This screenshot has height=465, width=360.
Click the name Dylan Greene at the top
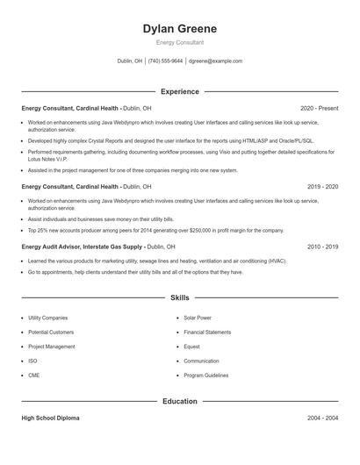179,29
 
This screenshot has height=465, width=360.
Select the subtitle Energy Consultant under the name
179,42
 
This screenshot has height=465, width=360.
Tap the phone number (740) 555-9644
165,61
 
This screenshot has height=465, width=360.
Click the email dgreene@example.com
215,61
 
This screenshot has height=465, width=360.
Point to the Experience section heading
179,91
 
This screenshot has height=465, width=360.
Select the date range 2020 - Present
319,108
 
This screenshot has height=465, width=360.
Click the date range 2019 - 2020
322,187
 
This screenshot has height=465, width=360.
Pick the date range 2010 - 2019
322,247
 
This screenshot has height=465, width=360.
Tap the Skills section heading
179,297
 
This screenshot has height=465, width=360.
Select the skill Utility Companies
47,318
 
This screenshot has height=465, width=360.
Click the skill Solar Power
198,318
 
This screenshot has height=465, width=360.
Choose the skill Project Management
52,347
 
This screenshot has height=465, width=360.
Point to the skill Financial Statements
207,333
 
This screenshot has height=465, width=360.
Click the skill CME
34,376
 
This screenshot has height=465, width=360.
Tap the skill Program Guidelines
206,376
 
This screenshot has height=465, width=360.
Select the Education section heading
179,401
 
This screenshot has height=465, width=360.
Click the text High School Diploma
50,418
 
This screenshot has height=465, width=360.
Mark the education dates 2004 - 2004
322,418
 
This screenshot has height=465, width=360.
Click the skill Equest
191,347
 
